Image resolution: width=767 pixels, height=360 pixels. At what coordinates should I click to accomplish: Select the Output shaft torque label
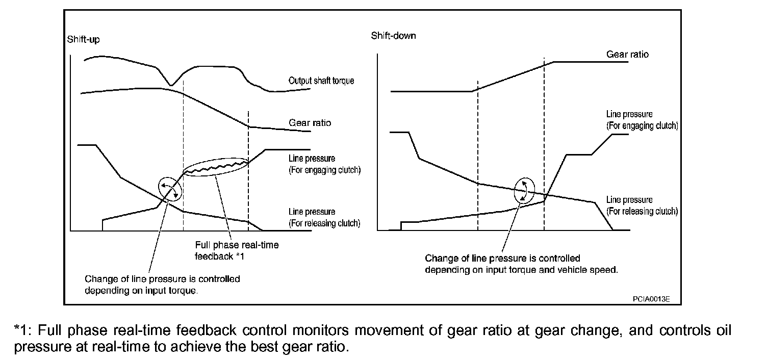[x=321, y=81]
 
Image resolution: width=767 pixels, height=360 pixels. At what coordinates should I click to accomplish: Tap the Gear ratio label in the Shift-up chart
[x=310, y=123]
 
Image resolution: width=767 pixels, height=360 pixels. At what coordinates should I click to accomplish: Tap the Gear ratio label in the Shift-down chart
[x=627, y=54]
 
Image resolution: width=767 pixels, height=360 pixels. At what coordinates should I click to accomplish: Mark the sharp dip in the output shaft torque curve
[x=172, y=85]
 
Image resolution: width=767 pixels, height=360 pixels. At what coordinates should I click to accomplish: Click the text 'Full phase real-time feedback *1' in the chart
[x=237, y=250]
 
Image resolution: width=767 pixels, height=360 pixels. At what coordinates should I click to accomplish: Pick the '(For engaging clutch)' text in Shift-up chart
[x=324, y=170]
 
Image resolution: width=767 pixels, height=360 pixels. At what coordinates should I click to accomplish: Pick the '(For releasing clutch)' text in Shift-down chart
[x=642, y=211]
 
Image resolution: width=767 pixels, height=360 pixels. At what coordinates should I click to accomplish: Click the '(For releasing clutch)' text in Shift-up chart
[x=324, y=223]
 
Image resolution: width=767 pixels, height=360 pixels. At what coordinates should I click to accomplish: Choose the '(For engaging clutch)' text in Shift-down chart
[x=642, y=125]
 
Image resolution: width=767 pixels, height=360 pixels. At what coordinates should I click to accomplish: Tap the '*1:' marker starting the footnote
[x=24, y=331]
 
